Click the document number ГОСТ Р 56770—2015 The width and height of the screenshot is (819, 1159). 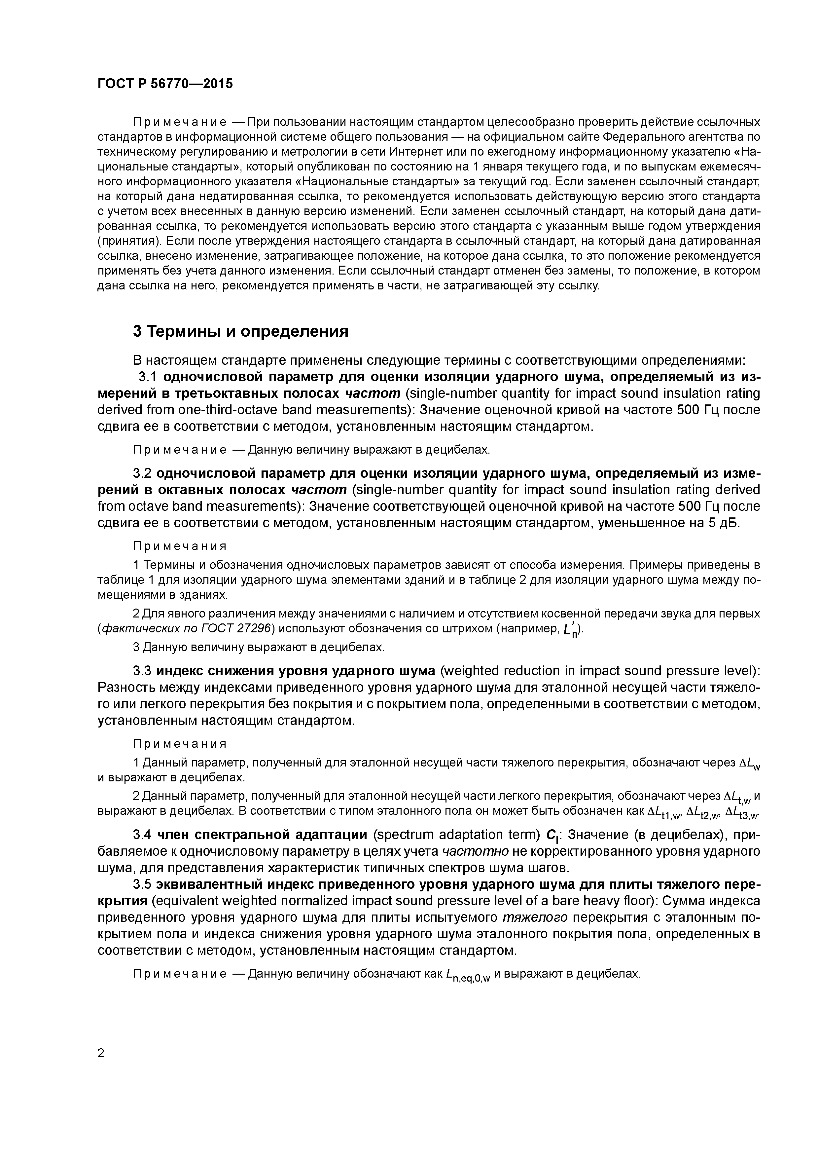(x=165, y=84)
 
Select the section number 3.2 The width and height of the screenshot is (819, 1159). (x=142, y=473)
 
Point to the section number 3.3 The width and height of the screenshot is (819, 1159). (x=142, y=671)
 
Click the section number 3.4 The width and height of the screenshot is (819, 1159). (x=142, y=835)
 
